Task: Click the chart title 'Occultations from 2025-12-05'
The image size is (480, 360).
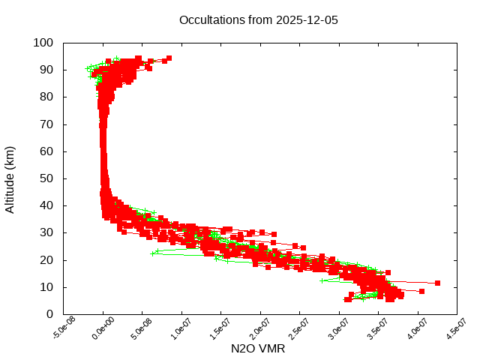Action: coord(259,20)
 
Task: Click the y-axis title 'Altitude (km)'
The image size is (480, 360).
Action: coord(10,178)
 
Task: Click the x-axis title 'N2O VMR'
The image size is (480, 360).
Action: coord(259,349)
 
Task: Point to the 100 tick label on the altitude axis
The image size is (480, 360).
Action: coord(43,43)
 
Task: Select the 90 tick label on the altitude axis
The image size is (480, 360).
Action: coord(46,70)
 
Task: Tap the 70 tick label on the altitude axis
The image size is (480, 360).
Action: coord(46,124)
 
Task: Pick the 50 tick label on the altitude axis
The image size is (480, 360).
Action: coord(46,178)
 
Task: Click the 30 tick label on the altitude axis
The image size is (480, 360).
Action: coord(46,232)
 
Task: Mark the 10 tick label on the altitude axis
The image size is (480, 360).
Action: coord(46,287)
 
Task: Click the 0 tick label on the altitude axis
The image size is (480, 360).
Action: coord(49,314)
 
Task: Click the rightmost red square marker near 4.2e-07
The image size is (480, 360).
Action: coord(437,283)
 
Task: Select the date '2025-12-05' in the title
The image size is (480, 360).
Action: coord(307,20)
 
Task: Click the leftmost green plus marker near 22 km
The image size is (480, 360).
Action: coord(153,253)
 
